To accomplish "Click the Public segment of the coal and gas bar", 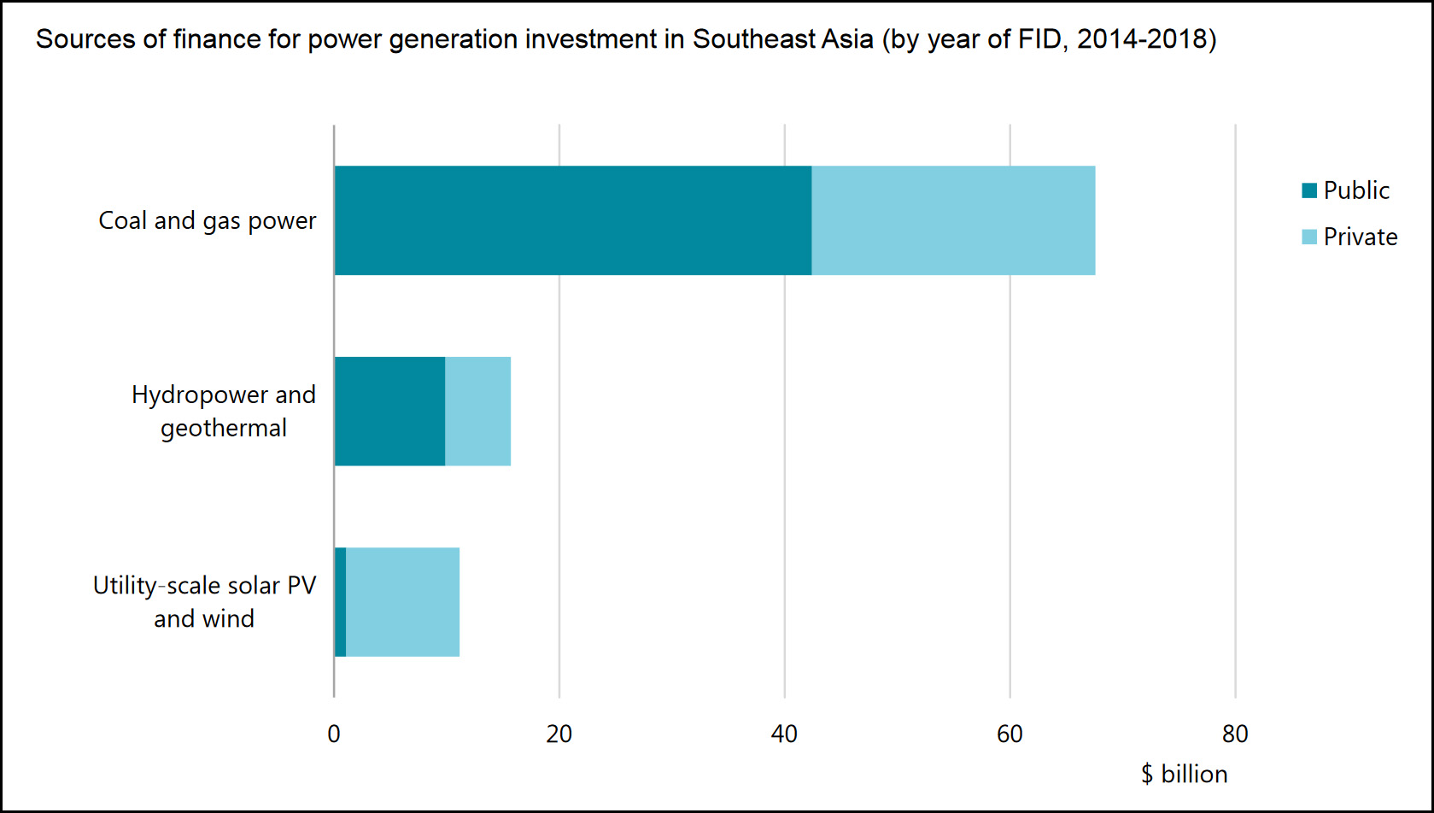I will pos(572,220).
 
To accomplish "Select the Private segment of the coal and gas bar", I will pos(953,220).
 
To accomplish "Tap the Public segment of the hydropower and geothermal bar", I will pos(389,411).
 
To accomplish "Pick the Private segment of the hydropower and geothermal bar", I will pos(477,411).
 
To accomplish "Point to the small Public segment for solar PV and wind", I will pos(340,602).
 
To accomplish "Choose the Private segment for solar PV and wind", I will pos(402,602).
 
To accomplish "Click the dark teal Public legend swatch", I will pos(1309,190).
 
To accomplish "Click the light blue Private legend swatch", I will pos(1309,237).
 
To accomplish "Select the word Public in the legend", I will pos(1356,190).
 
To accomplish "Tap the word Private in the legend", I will pos(1361,237).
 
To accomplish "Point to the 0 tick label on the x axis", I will pos(334,734).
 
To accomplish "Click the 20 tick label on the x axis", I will pos(559,734).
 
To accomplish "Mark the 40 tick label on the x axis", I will pos(784,734).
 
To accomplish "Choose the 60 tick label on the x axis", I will pos(1010,734).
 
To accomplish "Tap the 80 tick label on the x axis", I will pos(1235,734).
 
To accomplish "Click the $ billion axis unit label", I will pos(1185,774).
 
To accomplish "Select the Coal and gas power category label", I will pos(208,220).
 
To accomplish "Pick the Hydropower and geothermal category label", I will pos(224,411).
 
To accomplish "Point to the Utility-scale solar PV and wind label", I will pos(204,602).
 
